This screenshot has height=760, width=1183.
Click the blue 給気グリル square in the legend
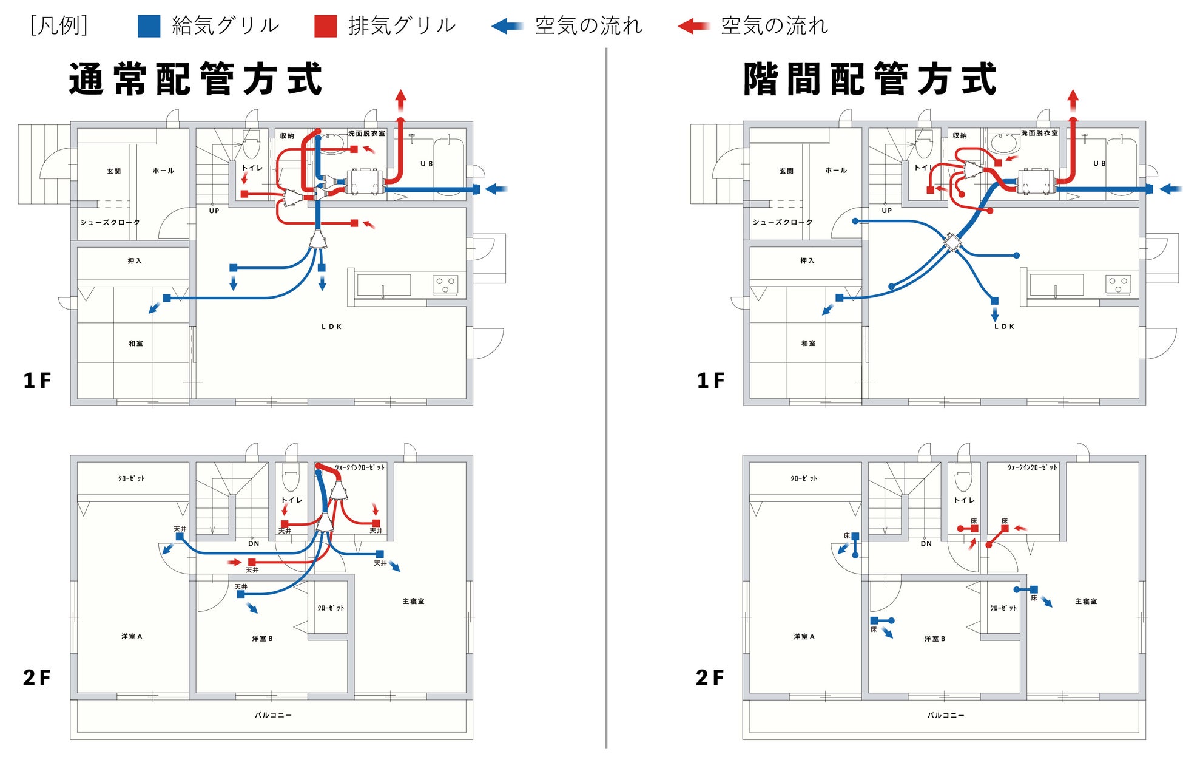149,26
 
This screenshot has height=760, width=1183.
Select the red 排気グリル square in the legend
326,26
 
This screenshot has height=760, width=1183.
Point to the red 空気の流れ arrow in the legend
693,26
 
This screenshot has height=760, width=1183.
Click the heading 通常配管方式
195,79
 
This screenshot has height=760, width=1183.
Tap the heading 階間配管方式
870,79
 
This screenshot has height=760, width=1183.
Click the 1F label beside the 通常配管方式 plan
37,381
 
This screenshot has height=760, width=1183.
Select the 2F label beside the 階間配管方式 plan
710,677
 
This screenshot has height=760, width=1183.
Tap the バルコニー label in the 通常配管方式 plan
273,715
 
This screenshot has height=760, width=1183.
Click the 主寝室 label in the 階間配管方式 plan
1086,601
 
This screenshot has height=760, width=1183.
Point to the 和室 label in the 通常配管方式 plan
136,344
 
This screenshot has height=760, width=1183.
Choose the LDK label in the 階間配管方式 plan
1004,327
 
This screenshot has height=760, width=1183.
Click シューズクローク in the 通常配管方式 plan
110,222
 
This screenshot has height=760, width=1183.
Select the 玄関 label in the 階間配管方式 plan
786,171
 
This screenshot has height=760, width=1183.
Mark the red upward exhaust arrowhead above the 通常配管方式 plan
400,97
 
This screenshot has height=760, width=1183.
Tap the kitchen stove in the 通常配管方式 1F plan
445,284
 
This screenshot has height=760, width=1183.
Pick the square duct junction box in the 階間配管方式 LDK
952,243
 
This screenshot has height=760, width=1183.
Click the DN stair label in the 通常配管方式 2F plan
254,544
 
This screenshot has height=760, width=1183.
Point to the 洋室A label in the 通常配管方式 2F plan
132,636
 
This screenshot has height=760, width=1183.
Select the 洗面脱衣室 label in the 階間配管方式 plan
1039,133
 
